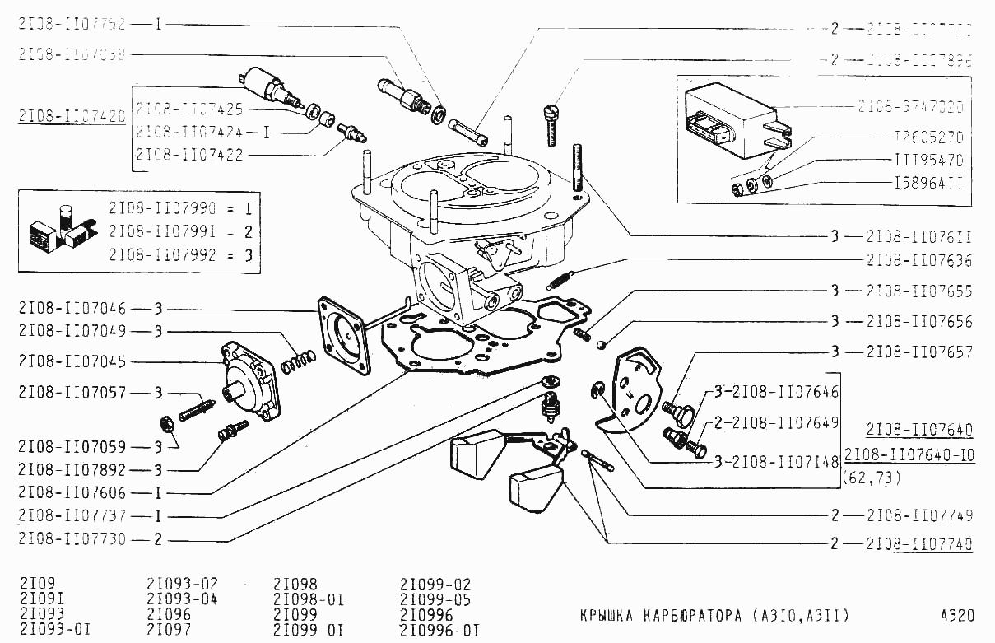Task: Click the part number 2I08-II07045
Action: point(72,362)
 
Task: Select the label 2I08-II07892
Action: point(72,470)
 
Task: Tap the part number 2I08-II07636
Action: point(918,261)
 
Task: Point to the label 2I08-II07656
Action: point(918,322)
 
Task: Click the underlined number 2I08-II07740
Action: point(918,544)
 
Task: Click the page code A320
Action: point(957,616)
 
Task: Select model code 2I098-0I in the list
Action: point(308,599)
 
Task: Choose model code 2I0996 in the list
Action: point(425,615)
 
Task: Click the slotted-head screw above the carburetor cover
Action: point(552,123)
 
